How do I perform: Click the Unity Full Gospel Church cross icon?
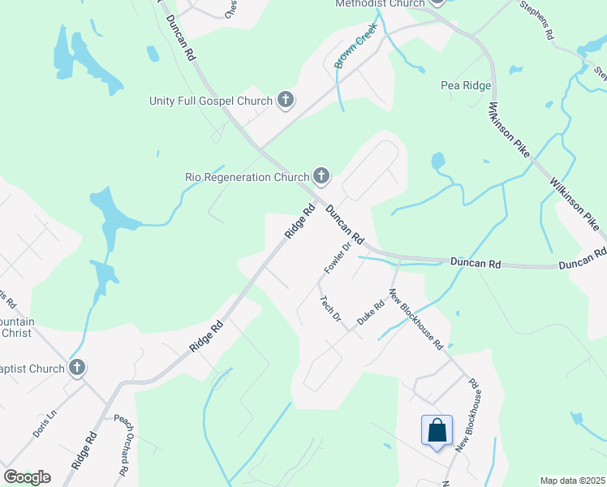[285, 101]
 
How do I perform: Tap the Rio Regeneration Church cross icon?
[321, 175]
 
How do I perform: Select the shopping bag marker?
[437, 429]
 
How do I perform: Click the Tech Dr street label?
[330, 308]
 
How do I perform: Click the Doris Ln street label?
[45, 424]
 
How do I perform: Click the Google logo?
[27, 477]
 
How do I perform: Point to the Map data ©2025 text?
[573, 481]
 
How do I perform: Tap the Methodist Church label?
[380, 4]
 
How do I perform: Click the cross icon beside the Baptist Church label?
[77, 368]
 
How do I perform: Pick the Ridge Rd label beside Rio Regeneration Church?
[299, 221]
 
